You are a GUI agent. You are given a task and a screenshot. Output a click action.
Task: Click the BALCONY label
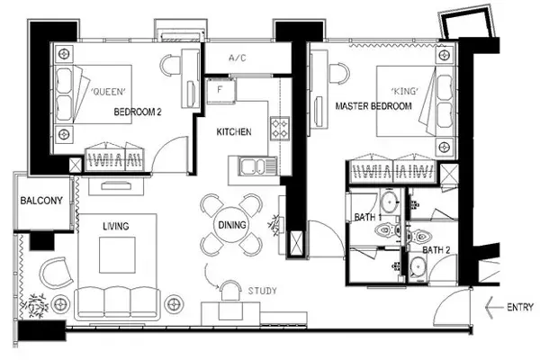(41, 201)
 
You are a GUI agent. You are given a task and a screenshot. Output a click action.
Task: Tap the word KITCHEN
(234, 132)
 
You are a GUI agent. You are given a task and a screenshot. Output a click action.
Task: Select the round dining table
(232, 225)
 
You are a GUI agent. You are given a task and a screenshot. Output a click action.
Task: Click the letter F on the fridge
(220, 90)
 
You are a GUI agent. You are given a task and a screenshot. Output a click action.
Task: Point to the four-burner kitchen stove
(280, 129)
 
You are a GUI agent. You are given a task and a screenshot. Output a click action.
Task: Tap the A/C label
(238, 58)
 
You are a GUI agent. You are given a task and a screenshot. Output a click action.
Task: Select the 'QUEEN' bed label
(108, 92)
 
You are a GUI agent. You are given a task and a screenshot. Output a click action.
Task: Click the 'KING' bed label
(405, 91)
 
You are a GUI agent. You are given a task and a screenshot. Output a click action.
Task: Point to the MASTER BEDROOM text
(373, 106)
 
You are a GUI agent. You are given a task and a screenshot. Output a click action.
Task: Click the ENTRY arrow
(493, 307)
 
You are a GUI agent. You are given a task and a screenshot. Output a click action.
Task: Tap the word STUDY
(262, 291)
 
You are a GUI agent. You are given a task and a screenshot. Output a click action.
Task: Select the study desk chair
(230, 291)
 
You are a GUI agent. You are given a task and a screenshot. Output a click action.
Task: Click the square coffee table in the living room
(117, 255)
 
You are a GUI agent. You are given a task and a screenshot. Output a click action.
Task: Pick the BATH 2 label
(436, 250)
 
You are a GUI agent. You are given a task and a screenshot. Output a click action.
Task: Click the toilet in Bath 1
(388, 229)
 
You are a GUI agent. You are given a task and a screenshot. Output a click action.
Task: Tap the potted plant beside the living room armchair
(35, 306)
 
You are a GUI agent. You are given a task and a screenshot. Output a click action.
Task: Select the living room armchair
(56, 274)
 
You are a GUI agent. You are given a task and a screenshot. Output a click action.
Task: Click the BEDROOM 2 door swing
(170, 154)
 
